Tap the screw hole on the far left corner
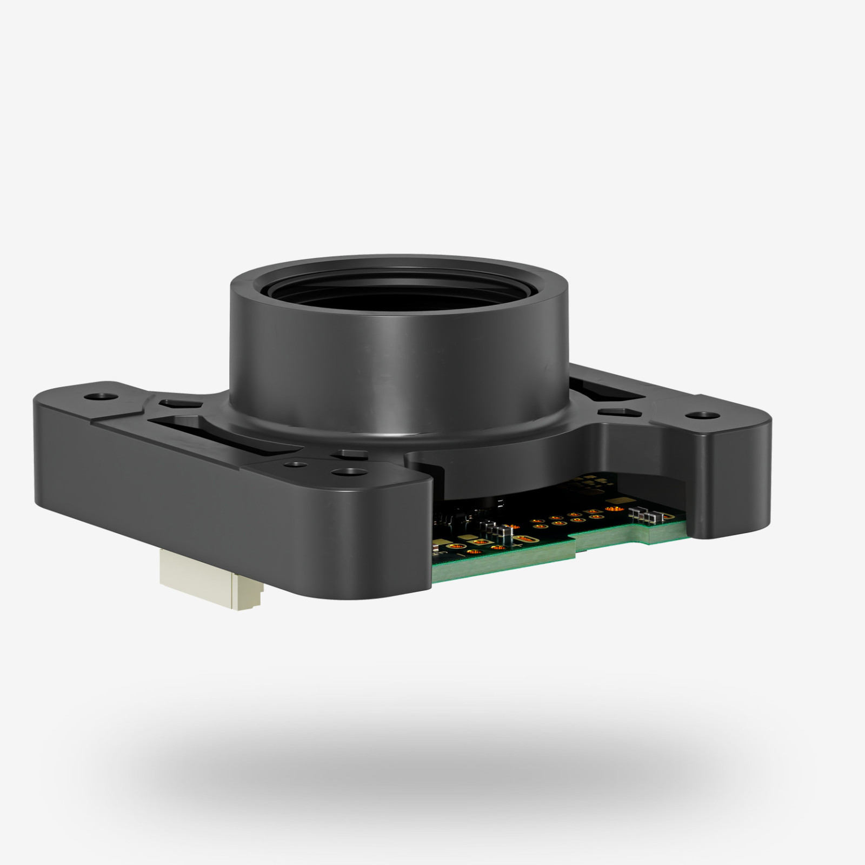point(101,396)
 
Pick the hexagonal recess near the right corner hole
point(617,412)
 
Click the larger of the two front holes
point(346,472)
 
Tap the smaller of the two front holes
point(295,464)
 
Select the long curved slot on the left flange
point(216,433)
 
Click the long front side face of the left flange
point(216,508)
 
